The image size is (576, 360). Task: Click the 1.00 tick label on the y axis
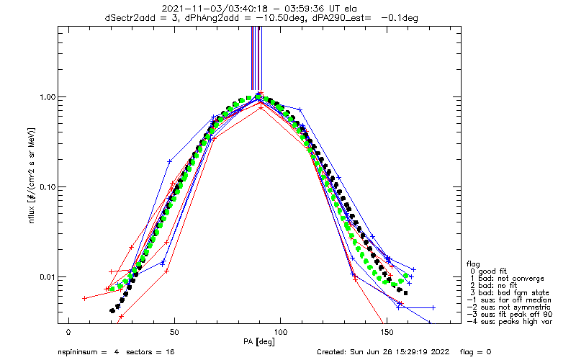click(x=48, y=97)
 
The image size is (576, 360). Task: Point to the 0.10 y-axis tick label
click(x=48, y=187)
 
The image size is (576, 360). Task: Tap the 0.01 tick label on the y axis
click(x=48, y=277)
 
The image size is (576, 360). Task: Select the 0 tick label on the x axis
click(x=68, y=333)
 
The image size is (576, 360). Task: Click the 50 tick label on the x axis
click(x=174, y=333)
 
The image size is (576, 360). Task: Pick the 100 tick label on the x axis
click(x=280, y=333)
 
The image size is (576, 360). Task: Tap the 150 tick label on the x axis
click(x=387, y=333)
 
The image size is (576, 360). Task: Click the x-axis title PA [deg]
click(x=259, y=342)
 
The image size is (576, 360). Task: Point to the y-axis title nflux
click(x=32, y=214)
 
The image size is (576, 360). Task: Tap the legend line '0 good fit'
click(x=488, y=271)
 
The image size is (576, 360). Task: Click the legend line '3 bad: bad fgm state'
click(x=510, y=293)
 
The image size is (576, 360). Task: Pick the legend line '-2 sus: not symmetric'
click(x=509, y=307)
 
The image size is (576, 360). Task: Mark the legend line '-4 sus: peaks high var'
click(x=510, y=321)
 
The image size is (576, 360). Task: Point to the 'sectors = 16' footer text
click(x=150, y=352)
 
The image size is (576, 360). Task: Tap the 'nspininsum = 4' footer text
click(x=89, y=352)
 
